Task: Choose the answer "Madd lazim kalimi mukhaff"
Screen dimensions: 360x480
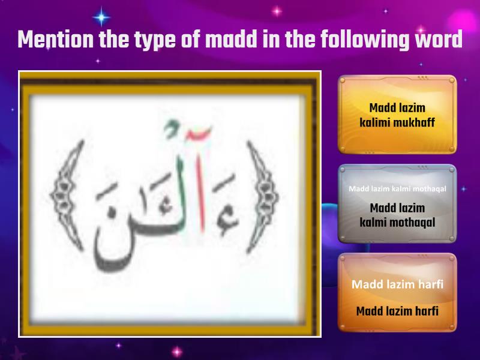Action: point(397,115)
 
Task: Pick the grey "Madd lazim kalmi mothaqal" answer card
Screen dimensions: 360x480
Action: point(397,204)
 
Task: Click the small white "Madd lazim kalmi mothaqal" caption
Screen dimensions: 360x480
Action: point(397,189)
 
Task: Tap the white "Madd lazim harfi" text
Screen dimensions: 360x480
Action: point(397,284)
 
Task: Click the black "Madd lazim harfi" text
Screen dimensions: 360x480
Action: point(397,311)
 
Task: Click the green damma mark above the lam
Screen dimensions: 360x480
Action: point(172,127)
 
